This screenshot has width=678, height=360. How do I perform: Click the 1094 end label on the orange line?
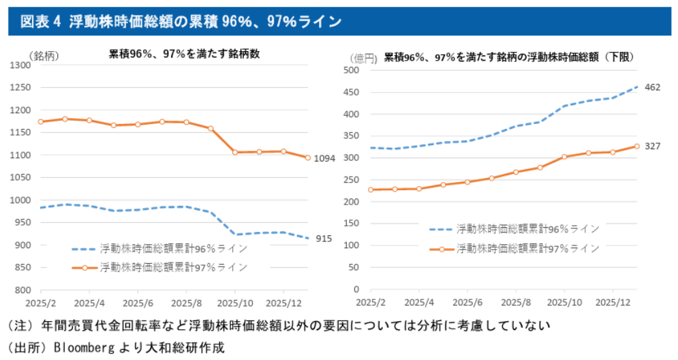tap(325, 159)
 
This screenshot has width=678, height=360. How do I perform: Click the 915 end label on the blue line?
tap(323, 239)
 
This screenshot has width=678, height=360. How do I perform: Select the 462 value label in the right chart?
tap(652, 88)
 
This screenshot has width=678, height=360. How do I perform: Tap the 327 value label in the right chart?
tap(652, 147)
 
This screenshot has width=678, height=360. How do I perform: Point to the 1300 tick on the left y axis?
tap(20, 65)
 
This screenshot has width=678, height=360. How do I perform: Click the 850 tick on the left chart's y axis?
tap(23, 268)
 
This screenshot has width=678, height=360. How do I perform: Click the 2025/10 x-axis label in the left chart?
tap(234, 302)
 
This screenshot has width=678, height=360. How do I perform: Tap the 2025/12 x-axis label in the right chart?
tap(613, 302)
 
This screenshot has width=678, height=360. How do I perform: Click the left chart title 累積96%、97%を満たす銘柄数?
tap(185, 55)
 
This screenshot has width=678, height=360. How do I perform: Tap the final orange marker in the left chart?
tap(308, 158)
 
